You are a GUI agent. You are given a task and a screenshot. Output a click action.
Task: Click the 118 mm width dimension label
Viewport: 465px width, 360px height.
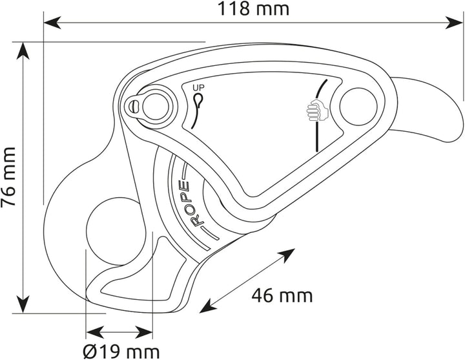[x=254, y=9]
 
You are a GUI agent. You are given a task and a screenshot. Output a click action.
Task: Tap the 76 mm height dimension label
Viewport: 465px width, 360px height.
[x=8, y=177]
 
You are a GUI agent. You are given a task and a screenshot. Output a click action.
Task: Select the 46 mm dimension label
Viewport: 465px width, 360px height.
[x=282, y=296]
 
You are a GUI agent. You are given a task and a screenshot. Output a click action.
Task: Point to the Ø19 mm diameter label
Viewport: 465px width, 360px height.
[x=121, y=352]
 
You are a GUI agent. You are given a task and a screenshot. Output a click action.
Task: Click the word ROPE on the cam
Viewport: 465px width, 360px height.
[x=189, y=204]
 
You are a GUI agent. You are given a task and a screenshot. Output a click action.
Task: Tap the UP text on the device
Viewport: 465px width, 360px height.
[x=198, y=88]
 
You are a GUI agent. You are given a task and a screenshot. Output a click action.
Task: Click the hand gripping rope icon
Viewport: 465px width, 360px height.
[x=316, y=111]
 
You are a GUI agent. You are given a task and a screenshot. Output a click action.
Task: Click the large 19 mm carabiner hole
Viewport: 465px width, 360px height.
[x=116, y=231]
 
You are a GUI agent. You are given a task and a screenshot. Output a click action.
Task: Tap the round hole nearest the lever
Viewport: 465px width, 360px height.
[x=358, y=107]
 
